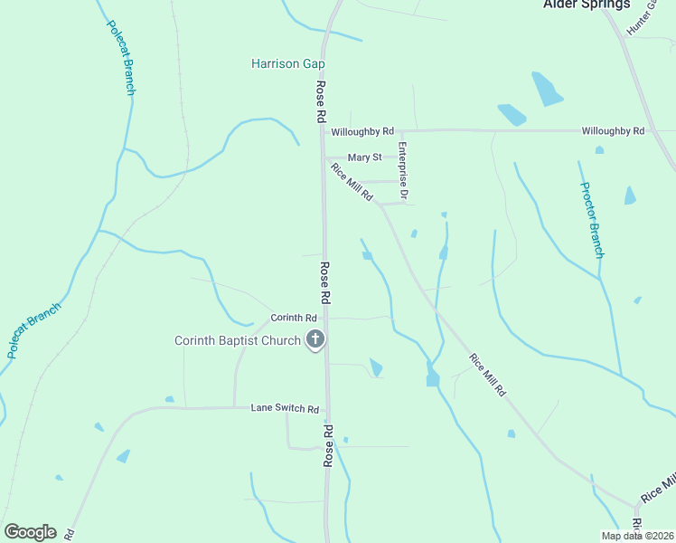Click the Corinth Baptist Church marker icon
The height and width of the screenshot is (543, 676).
coord(315,340)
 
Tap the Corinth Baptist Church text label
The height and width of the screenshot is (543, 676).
coord(237,340)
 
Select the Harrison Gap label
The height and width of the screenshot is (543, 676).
coord(287,63)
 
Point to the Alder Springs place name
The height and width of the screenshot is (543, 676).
coord(587,5)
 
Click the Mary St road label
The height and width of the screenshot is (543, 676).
coord(365,157)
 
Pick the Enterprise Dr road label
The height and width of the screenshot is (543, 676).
coord(404,171)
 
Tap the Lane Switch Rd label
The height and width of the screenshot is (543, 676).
coord(285,409)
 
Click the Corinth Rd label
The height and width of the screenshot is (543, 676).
coord(293,318)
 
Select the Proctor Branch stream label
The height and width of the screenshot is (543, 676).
coord(592,220)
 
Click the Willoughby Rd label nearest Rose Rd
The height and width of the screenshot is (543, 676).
coord(362,131)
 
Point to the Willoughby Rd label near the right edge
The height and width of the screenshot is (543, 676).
coord(613,131)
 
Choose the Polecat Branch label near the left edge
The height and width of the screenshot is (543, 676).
coord(33,330)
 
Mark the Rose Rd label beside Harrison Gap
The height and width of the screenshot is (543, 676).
coord(320,101)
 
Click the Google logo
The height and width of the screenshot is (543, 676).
coord(30,532)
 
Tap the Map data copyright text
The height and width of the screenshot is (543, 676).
coord(637,536)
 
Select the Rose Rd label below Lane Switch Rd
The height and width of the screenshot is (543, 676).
coord(329,446)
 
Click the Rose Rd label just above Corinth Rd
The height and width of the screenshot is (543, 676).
coord(324,283)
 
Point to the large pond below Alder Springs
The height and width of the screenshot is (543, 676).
coord(546,89)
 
